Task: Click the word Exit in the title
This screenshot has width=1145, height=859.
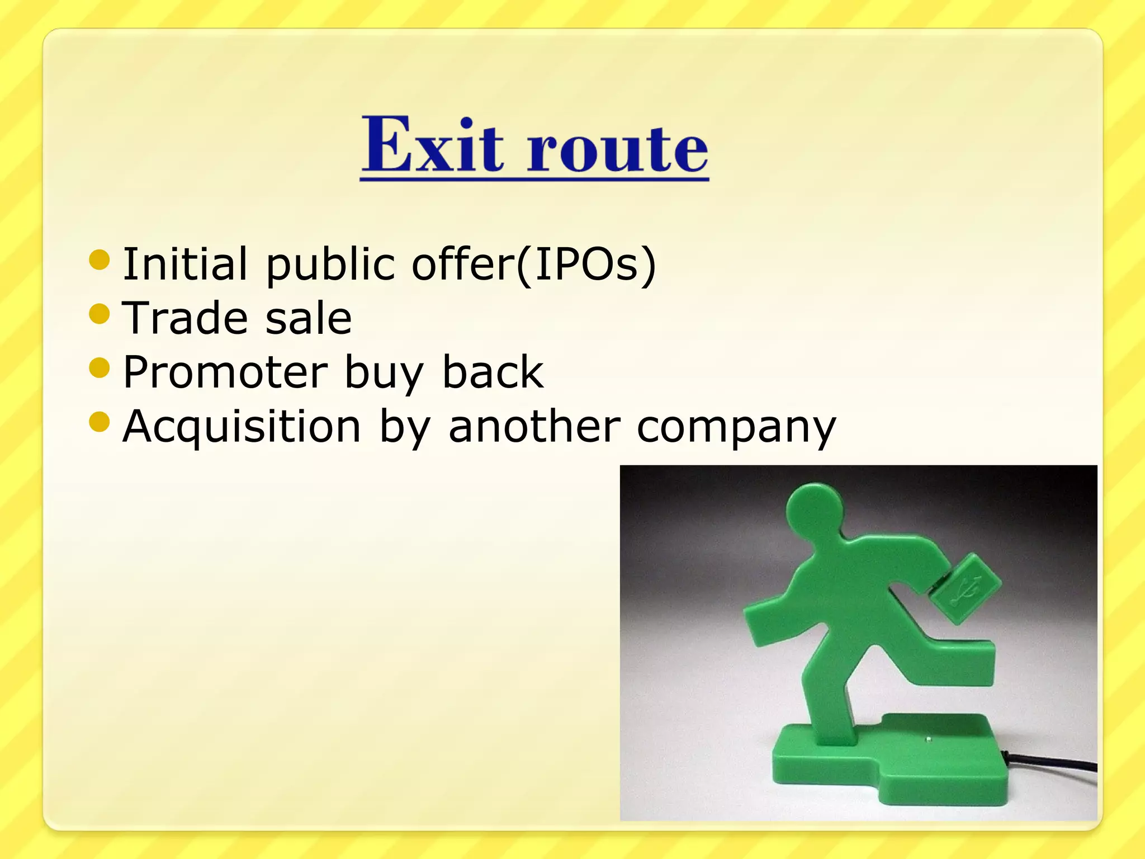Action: coord(432,145)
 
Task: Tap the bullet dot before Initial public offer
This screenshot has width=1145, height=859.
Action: coord(100,260)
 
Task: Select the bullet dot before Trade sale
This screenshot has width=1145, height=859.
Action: coord(100,314)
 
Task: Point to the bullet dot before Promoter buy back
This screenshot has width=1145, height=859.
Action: coord(100,368)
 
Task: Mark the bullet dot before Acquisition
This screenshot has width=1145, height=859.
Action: coord(100,422)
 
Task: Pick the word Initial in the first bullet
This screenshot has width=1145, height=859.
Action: coord(185,264)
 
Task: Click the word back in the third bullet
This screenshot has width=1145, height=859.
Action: coord(493,372)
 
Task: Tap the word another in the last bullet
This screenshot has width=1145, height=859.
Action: coord(534,426)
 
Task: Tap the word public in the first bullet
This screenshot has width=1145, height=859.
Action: coord(330,264)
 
